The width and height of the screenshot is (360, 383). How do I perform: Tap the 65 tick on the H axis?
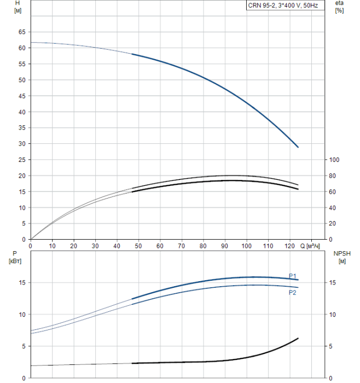22,32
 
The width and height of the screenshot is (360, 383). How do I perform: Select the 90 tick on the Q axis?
225,246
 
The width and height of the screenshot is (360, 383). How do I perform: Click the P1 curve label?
293,276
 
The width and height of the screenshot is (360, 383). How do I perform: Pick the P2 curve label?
293,293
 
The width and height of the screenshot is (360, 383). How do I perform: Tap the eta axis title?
339,3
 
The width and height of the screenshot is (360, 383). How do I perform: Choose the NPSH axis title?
342,253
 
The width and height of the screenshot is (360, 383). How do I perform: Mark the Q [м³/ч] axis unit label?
310,246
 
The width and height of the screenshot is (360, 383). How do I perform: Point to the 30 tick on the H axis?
22,144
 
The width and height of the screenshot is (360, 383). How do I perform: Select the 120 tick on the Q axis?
289,246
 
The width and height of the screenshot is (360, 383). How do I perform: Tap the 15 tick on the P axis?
22,283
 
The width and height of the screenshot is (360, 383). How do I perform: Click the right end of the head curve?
298,147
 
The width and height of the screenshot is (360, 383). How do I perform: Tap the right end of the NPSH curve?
298,338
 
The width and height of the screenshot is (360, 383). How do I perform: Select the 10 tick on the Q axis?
52,246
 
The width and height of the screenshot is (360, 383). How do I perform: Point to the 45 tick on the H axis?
22,96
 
